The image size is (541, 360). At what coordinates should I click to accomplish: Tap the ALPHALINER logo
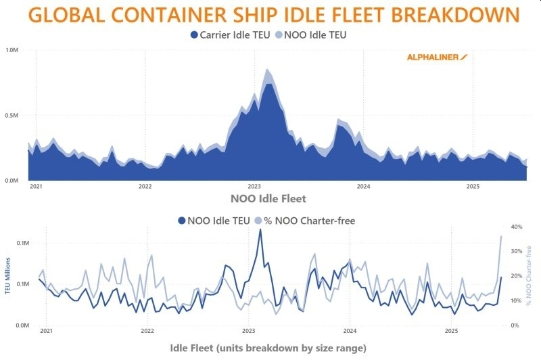437,58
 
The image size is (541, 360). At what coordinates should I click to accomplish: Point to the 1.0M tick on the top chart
12,50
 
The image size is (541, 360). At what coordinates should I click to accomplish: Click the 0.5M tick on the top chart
12,116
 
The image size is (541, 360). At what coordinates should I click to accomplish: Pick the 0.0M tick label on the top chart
12,181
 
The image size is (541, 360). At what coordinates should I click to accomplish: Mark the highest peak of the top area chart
268,70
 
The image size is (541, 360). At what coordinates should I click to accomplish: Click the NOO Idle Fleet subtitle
268,199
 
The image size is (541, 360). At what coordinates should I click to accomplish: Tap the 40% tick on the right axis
515,227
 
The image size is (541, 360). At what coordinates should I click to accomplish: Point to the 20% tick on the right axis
515,276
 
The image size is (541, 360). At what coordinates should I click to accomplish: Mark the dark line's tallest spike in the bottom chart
260,230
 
